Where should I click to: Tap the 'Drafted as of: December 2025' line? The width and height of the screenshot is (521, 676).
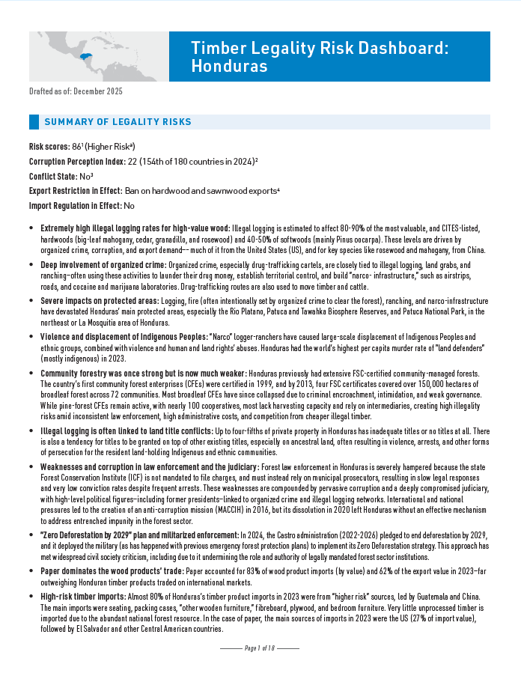(x=76, y=91)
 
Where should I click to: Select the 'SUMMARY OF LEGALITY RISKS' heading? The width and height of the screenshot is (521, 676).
(x=118, y=122)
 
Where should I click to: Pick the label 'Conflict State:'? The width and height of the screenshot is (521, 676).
(x=52, y=175)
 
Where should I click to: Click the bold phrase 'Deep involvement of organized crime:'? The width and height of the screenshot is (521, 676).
(x=103, y=264)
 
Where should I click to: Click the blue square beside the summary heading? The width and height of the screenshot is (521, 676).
(x=33, y=122)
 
